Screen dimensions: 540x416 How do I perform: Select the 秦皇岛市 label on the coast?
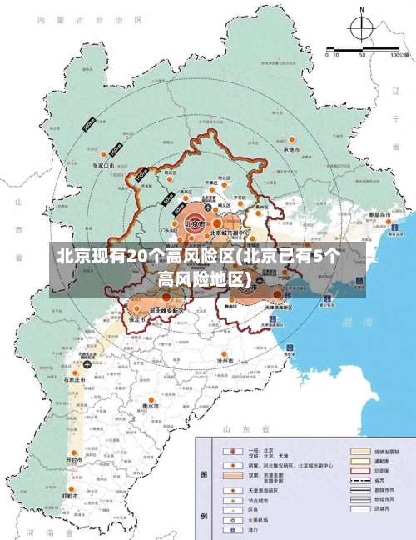(383, 214)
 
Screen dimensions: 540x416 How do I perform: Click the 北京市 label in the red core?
(195, 223)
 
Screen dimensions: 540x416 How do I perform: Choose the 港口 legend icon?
(228, 530)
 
